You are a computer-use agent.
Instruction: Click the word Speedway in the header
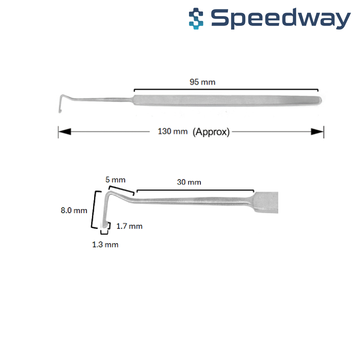coord(281,19)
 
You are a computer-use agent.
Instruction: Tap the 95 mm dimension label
coord(202,82)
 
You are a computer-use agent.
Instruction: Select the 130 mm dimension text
coord(173,131)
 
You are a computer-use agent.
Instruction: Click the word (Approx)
coord(211,132)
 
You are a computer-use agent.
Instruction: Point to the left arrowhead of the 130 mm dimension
coord(65,132)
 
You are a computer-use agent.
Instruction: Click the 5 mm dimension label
coord(115,180)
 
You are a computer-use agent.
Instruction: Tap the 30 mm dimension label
coord(189,182)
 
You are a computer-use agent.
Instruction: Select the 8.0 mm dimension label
coord(74,211)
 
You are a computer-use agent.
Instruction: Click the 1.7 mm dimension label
coord(129,227)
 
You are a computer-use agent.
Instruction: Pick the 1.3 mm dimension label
coord(105,245)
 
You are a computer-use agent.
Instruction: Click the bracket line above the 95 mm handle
coord(226,89)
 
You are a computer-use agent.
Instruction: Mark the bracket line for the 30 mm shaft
coord(195,190)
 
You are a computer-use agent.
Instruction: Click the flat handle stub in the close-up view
coord(266,202)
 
